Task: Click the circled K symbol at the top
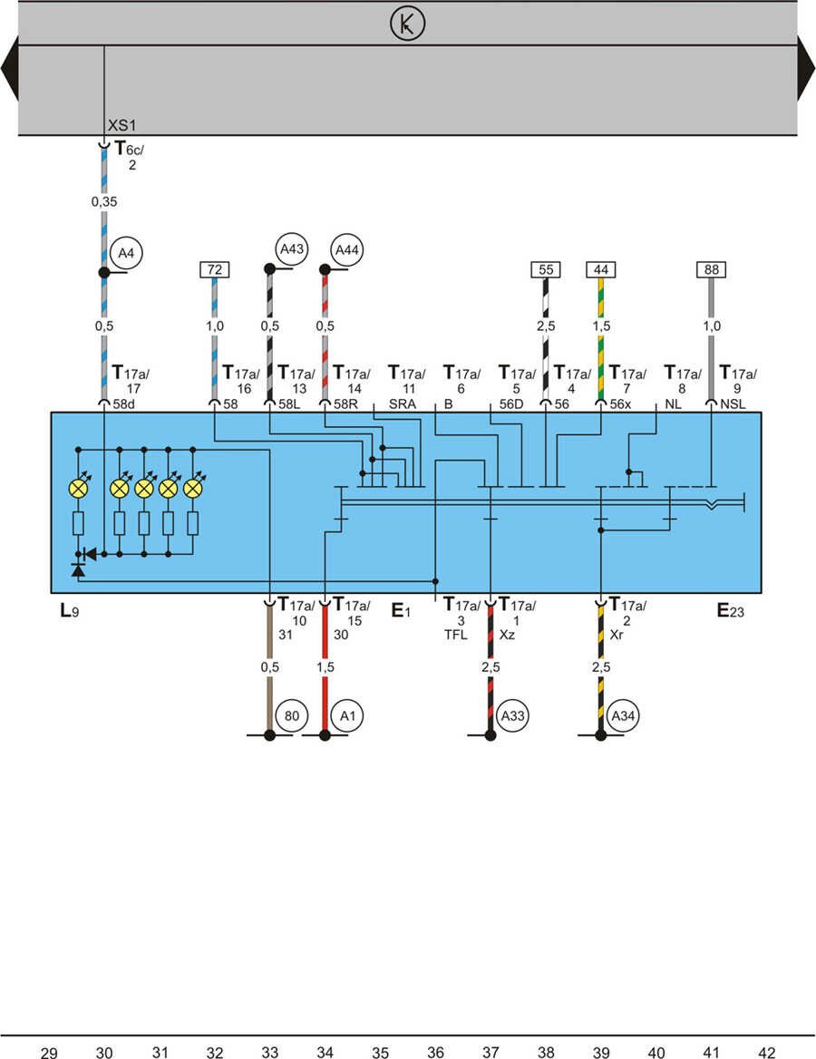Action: pyautogui.click(x=407, y=25)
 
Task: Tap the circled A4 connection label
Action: pyautogui.click(x=121, y=253)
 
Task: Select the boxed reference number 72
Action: pyautogui.click(x=214, y=269)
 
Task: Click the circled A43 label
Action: pyautogui.click(x=290, y=248)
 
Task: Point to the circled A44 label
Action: pyautogui.click(x=345, y=248)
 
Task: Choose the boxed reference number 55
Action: pyautogui.click(x=545, y=269)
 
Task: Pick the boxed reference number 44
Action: pyautogui.click(x=600, y=269)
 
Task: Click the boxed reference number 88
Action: pyautogui.click(x=711, y=269)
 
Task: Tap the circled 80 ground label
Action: pyautogui.click(x=290, y=715)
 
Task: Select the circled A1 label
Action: pyautogui.click(x=345, y=715)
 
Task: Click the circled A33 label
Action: pyautogui.click(x=511, y=715)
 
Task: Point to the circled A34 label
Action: pyautogui.click(x=622, y=715)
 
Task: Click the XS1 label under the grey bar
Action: pyautogui.click(x=121, y=126)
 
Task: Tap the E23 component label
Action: pyautogui.click(x=731, y=610)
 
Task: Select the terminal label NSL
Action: pyautogui.click(x=733, y=404)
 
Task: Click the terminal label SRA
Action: pyautogui.click(x=402, y=404)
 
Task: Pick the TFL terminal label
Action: pyautogui.click(x=455, y=635)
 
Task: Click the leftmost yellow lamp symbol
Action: pyautogui.click(x=79, y=489)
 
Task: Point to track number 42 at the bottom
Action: pyautogui.click(x=767, y=1053)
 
